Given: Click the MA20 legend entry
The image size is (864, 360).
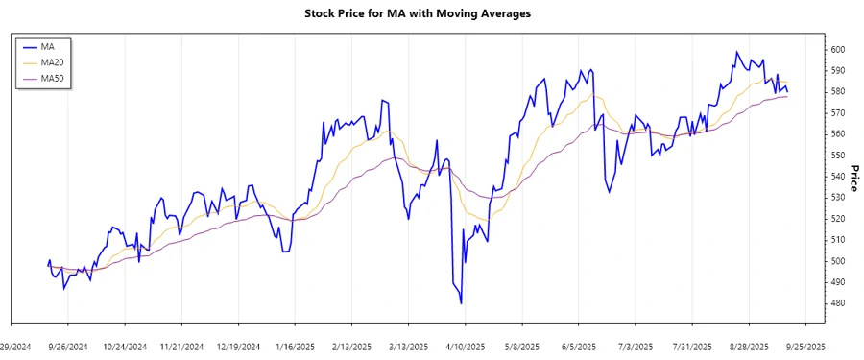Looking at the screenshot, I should (x=52, y=62).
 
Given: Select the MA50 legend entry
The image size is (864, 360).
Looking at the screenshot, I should (x=52, y=78).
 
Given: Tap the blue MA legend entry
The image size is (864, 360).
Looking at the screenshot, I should (x=47, y=46).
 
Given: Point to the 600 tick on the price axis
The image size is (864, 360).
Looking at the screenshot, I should (x=837, y=50).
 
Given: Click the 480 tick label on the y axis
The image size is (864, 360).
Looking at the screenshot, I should (x=837, y=303).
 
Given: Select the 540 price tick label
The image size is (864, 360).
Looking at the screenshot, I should (x=837, y=177).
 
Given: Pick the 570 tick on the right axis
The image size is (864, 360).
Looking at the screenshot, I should (x=837, y=113).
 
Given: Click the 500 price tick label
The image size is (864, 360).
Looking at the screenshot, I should (x=837, y=261).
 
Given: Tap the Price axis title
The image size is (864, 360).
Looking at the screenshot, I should (x=854, y=177).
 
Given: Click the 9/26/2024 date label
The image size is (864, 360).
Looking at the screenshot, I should (x=68, y=346).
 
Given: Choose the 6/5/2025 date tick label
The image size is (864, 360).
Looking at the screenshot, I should (x=579, y=346).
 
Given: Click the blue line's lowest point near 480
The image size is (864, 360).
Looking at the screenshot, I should (x=462, y=303).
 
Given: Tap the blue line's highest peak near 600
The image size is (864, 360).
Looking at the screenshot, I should (x=737, y=52).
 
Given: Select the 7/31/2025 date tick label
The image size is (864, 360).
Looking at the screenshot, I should (x=693, y=346).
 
